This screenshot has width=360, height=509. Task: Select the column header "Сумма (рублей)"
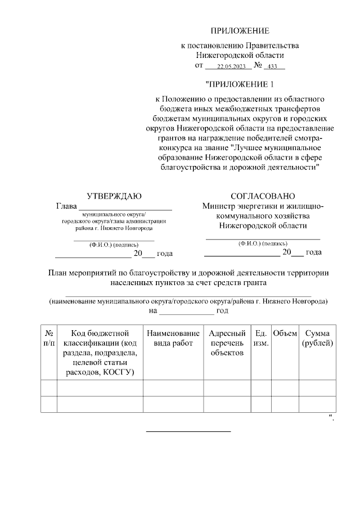click(317, 338)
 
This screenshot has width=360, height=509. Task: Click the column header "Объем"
click(285, 333)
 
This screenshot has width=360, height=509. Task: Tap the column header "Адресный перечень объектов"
click(227, 343)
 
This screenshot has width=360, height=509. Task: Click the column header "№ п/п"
click(49, 338)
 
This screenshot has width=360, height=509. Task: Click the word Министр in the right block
click(219, 206)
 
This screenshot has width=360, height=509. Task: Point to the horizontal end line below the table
click(188, 431)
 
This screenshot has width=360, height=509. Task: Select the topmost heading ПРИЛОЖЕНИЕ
click(240, 30)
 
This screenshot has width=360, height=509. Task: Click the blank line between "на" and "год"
click(186, 311)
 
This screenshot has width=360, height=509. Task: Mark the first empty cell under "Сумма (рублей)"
click(317, 388)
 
